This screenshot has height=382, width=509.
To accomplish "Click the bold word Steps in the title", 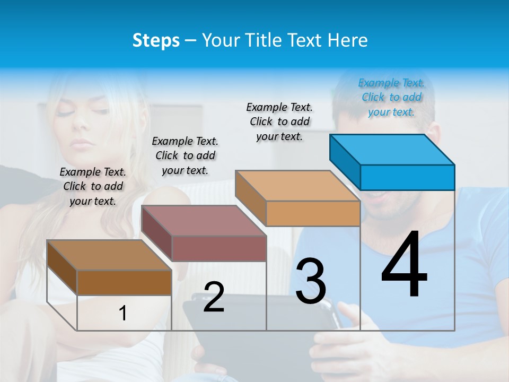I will (x=156, y=40).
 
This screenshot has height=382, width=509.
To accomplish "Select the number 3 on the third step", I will (x=311, y=281).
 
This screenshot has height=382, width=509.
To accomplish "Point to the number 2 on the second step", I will (x=214, y=297).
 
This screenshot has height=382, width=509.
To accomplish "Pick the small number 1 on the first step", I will (x=123, y=314).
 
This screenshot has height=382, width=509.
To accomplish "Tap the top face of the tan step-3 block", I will (x=297, y=186).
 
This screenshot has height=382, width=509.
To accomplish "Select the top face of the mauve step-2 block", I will (x=204, y=220).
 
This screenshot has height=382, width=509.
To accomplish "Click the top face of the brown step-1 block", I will (x=109, y=255).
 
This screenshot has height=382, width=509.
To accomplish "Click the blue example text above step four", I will (x=391, y=97).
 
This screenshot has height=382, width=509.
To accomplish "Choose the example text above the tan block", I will (x=279, y=121).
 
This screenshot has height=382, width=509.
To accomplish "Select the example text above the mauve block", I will (x=185, y=155).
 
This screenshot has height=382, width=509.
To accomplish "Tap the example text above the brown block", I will (x=93, y=186).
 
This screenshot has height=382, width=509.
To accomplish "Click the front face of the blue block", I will (x=407, y=177).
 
